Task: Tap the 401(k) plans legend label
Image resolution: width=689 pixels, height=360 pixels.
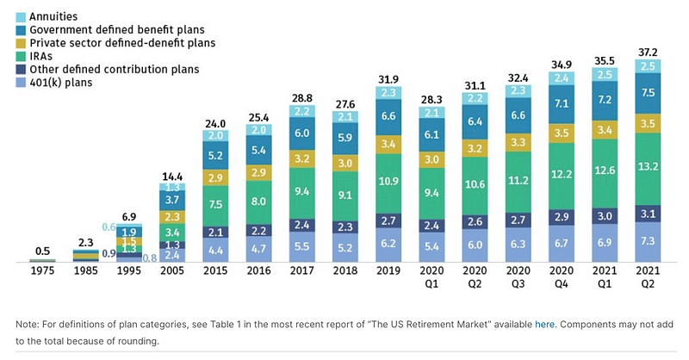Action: pos(61,84)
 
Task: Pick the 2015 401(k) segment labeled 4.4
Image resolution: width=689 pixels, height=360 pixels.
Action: pos(215,250)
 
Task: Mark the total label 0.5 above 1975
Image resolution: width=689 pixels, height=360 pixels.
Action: pos(42,251)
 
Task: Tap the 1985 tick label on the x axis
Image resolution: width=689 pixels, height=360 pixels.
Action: pos(84,272)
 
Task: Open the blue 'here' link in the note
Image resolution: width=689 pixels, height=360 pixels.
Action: pos(545,324)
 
